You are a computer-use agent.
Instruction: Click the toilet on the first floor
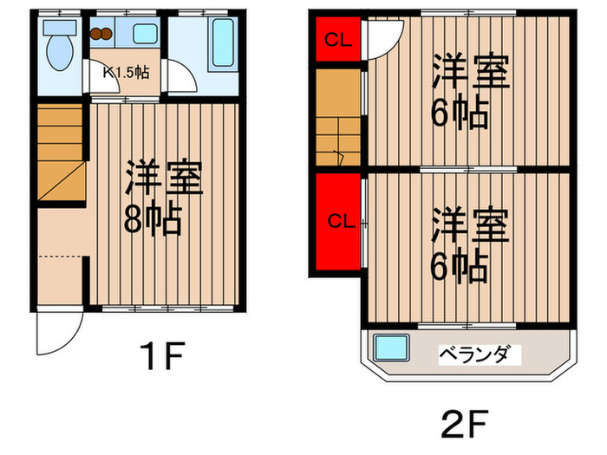[60, 49]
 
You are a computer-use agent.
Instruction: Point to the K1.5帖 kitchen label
[127, 72]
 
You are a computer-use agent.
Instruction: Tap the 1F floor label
[159, 356]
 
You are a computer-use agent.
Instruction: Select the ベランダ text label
[480, 354]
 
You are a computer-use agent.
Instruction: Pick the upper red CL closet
[336, 40]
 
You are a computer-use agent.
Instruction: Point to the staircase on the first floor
[61, 152]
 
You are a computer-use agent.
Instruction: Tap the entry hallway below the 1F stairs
[61, 260]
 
